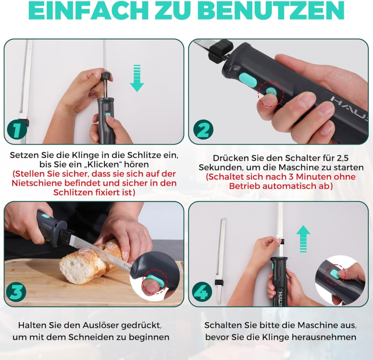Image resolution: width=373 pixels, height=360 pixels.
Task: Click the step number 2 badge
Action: [x=203, y=130]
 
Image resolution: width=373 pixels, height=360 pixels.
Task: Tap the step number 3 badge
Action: [x=17, y=292]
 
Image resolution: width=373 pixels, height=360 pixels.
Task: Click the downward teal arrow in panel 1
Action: [x=137, y=78]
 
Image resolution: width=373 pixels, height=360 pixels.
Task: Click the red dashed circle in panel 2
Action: [x=269, y=93]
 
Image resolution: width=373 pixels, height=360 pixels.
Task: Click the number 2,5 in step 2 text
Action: [x=336, y=158]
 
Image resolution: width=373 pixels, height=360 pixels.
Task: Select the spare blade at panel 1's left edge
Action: [x=23, y=91]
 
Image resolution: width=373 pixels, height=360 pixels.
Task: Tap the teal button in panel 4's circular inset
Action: [x=335, y=273]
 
